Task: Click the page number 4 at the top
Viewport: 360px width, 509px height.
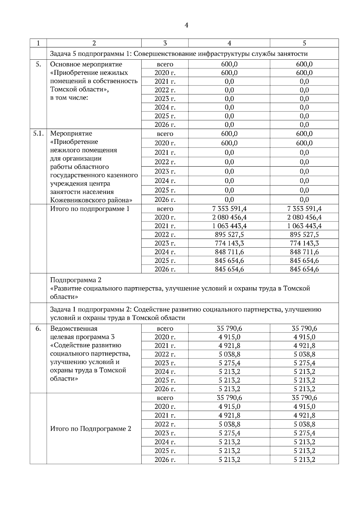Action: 186,25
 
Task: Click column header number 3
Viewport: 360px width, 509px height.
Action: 165,43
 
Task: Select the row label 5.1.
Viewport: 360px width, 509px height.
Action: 38,133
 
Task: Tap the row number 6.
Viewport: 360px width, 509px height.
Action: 38,329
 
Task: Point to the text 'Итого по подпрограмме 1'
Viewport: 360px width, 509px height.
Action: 90,209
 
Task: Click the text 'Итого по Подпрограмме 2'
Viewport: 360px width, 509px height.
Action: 91,429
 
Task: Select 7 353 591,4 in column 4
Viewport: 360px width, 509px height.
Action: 229,209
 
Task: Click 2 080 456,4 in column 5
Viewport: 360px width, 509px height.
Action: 304,217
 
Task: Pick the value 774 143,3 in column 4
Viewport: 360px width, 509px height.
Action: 229,243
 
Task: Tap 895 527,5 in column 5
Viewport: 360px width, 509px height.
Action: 304,234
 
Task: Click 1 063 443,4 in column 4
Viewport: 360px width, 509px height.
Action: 229,226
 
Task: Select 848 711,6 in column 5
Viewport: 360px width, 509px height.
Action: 304,252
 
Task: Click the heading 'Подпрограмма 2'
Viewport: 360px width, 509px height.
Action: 76,280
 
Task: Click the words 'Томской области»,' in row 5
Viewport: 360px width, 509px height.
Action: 79,89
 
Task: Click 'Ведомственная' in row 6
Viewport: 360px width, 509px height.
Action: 74,329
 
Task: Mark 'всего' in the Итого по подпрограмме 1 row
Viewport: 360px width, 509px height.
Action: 165,209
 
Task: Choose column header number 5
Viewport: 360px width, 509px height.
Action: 304,43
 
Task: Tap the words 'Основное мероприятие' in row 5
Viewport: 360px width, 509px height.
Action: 86,64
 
